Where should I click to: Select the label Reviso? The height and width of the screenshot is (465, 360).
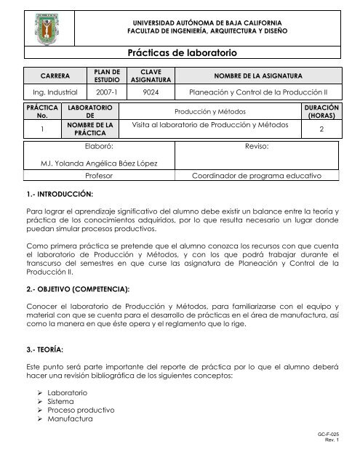click(x=258, y=146)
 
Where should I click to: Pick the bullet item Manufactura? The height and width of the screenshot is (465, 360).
click(x=67, y=419)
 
